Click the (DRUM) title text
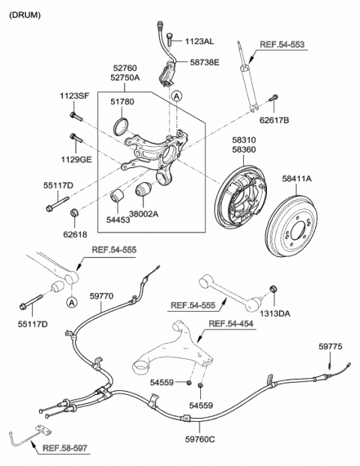point(25,15)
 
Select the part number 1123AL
point(199,41)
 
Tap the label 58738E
point(205,62)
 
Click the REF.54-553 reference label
point(282,45)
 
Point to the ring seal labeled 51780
point(121,127)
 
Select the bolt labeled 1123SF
point(76,117)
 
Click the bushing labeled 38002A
point(143,190)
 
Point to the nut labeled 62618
point(73,213)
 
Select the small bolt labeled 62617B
point(274,97)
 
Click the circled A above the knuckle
point(177,97)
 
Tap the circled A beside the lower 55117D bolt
point(71,303)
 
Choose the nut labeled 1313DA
point(272,288)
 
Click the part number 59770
point(101,296)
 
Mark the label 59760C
point(200,439)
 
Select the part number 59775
point(330,346)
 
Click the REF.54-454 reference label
point(231,324)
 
